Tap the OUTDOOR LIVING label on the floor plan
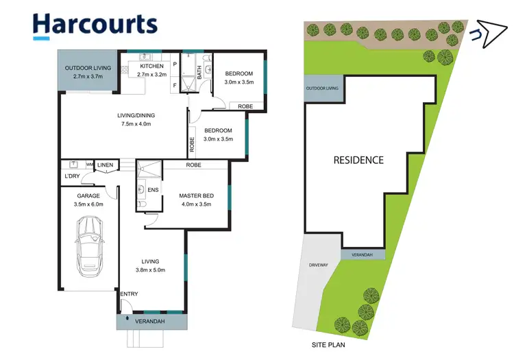[86, 68]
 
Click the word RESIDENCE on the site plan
[358, 160]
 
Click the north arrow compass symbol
[487, 34]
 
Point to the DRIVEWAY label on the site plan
[319, 264]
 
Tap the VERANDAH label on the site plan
[363, 254]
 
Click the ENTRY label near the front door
[130, 294]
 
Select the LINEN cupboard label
[105, 165]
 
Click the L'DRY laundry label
[73, 177]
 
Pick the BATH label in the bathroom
[199, 72]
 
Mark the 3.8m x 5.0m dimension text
[150, 270]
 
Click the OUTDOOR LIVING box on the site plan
[322, 89]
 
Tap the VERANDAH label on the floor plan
[151, 321]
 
